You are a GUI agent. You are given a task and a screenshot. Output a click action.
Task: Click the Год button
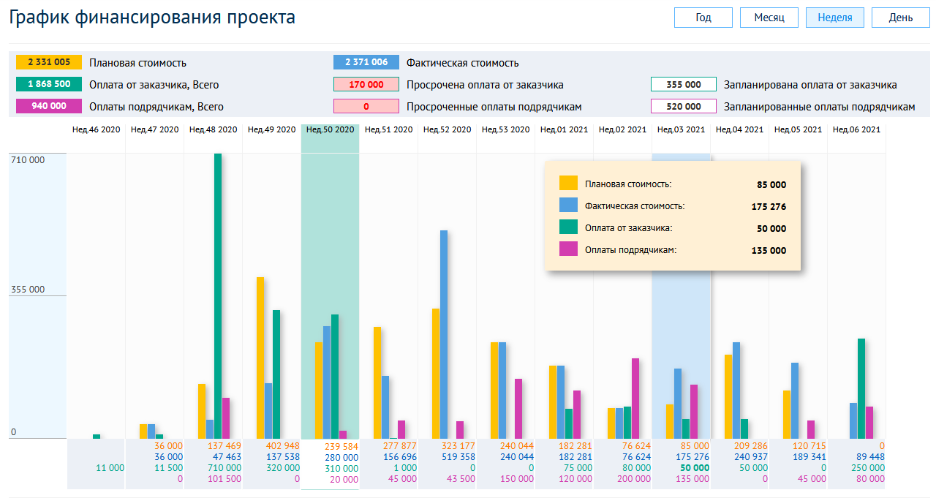pos(703,18)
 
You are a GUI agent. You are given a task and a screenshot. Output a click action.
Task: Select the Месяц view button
pos(769,18)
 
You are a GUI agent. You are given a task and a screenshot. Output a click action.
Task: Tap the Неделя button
pos(834,18)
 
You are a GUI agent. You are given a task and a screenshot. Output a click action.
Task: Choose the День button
pos(900,18)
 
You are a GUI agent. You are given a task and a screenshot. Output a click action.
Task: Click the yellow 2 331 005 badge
pos(49,62)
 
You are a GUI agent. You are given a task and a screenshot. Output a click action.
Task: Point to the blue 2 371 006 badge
pos(366,62)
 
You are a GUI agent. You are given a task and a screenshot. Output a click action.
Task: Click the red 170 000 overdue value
pos(366,84)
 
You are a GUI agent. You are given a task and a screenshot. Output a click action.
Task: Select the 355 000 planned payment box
pos(683,84)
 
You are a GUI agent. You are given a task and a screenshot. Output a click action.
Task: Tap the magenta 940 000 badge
pos(49,106)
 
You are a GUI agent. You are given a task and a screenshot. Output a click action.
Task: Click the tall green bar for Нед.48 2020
pos(218,295)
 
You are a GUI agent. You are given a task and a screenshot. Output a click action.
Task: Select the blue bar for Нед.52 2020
pos(444,334)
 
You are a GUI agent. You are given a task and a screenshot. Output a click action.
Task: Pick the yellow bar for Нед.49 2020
pos(260,358)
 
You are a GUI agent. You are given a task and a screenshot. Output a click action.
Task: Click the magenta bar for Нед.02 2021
pos(635,398)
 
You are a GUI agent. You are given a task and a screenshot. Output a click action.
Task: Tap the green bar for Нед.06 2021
pos(861,388)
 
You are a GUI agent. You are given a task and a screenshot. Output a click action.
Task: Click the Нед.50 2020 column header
pos(330,130)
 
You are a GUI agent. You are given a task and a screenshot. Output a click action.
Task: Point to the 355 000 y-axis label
pos(28,290)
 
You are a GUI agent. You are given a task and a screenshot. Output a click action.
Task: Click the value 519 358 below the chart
pos(458,457)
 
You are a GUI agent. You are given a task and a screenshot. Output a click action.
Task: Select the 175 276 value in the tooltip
pos(769,207)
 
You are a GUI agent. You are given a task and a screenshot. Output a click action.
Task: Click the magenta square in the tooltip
pos(568,249)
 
